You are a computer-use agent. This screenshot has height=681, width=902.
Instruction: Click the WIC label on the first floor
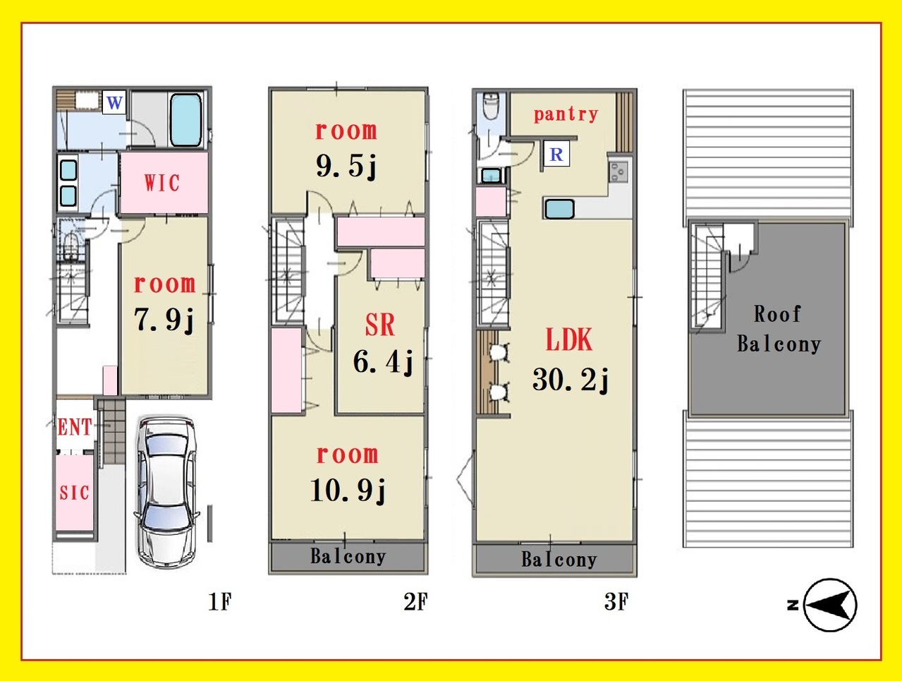tap(162, 183)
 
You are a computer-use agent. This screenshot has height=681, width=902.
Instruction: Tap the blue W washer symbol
tap(114, 102)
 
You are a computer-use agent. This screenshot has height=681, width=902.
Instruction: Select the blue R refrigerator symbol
tap(556, 154)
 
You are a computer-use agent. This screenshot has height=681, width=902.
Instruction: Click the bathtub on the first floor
tap(186, 119)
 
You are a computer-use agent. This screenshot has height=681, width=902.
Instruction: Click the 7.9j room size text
tap(164, 320)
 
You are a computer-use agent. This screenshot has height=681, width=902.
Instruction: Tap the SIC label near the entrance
tap(74, 492)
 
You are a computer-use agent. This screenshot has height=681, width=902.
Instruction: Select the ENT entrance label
tap(75, 427)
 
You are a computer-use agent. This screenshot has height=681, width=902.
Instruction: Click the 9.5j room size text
tap(346, 166)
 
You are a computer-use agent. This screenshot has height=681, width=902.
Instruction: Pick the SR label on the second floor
tap(380, 325)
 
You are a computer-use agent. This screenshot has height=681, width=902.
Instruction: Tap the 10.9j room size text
tap(348, 490)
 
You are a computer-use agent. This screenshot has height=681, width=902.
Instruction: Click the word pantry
tap(566, 114)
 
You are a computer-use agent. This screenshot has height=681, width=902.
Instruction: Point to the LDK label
tap(569, 339)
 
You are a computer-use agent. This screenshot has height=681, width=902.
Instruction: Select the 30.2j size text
tap(571, 379)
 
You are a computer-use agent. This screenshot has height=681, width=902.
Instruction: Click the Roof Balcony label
tap(779, 329)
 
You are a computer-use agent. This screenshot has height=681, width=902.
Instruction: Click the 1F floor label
tap(219, 602)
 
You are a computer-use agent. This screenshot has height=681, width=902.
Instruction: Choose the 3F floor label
tap(616, 601)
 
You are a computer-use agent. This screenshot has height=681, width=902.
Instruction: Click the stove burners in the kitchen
tap(618, 172)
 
